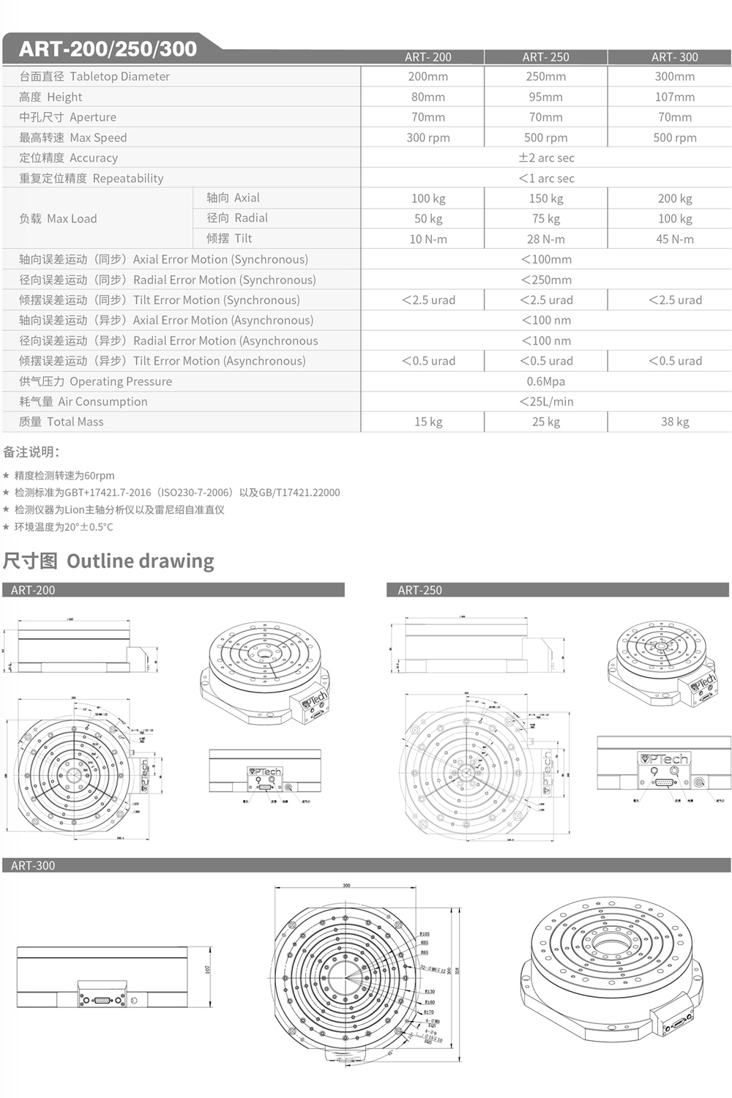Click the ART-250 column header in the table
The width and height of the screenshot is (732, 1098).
(x=545, y=57)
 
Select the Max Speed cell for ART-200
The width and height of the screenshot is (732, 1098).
(x=428, y=138)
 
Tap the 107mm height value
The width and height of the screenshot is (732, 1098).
(x=675, y=97)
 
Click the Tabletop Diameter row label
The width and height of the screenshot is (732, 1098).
(x=94, y=76)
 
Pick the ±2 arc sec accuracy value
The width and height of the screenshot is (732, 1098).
(x=546, y=158)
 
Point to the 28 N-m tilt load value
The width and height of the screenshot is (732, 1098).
(x=546, y=239)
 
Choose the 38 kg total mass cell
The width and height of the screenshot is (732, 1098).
(x=675, y=422)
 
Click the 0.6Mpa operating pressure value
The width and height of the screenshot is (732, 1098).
(x=546, y=381)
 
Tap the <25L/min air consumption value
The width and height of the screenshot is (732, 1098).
(x=546, y=402)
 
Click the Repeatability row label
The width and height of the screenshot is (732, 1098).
(x=91, y=179)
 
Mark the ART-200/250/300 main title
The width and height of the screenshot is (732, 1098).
(x=108, y=49)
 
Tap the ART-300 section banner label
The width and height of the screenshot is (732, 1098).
(x=33, y=865)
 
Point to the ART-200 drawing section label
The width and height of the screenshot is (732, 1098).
(x=33, y=590)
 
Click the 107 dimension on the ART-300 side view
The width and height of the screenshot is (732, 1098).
(x=208, y=969)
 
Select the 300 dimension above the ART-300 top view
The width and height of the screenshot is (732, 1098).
(x=346, y=885)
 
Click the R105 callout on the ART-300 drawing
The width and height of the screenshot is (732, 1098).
(x=425, y=934)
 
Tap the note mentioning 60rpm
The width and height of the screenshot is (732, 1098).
(x=64, y=476)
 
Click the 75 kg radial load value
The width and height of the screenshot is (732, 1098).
(x=546, y=219)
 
